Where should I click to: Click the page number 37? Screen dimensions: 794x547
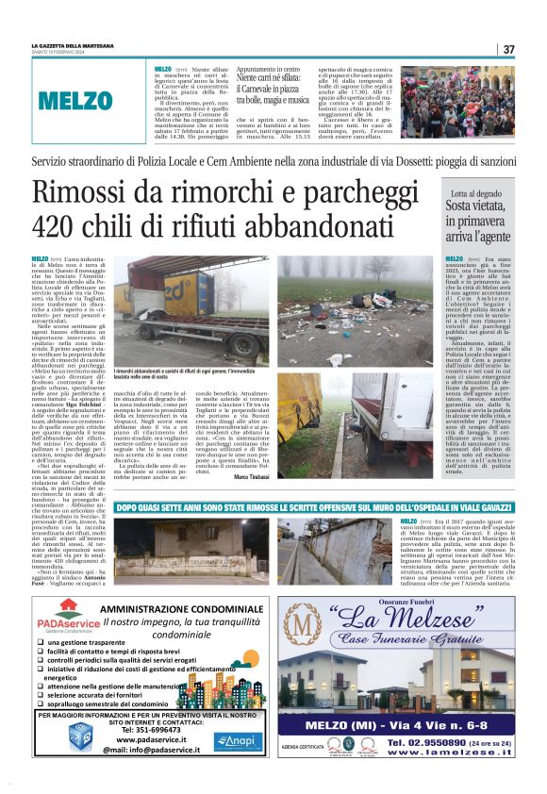click(508, 49)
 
